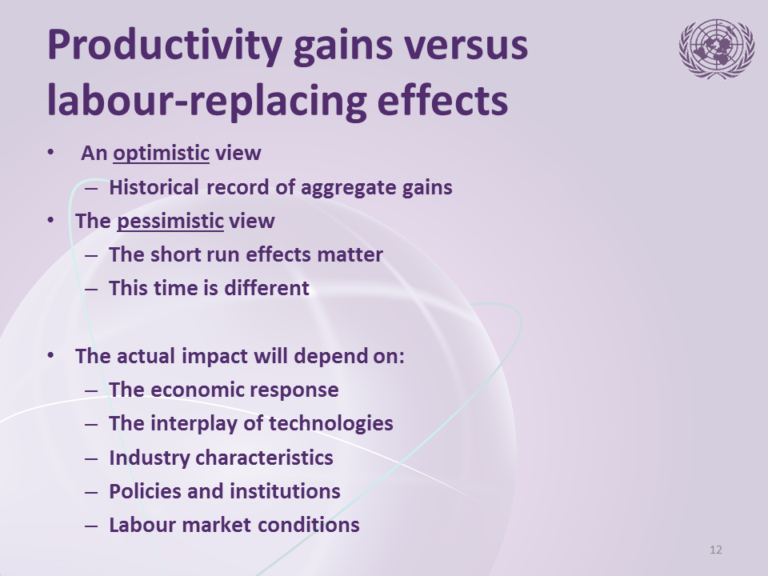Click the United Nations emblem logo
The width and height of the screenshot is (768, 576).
pos(717,49)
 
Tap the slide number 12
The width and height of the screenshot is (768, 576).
pos(715,550)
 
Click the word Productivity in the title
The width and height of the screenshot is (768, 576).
pos(165,46)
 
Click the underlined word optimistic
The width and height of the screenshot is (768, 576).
pos(161,153)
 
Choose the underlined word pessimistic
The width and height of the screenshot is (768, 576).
pos(170,221)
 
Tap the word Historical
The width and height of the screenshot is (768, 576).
pos(154,187)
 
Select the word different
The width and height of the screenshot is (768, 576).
pos(266,288)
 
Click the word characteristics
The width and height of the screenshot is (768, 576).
pos(264,458)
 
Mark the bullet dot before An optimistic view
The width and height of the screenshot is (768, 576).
pos(50,152)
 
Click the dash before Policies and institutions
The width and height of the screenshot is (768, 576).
pos(91,492)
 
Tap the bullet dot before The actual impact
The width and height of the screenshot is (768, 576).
pos(50,355)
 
